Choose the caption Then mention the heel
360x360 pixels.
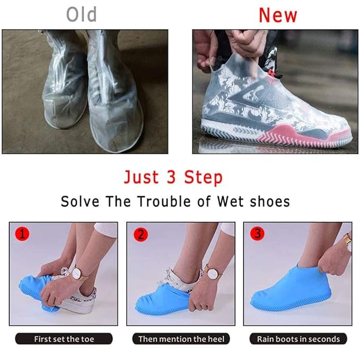(181, 339)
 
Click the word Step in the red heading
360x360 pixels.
(203, 177)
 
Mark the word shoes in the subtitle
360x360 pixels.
(270, 201)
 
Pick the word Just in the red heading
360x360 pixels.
(142, 177)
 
